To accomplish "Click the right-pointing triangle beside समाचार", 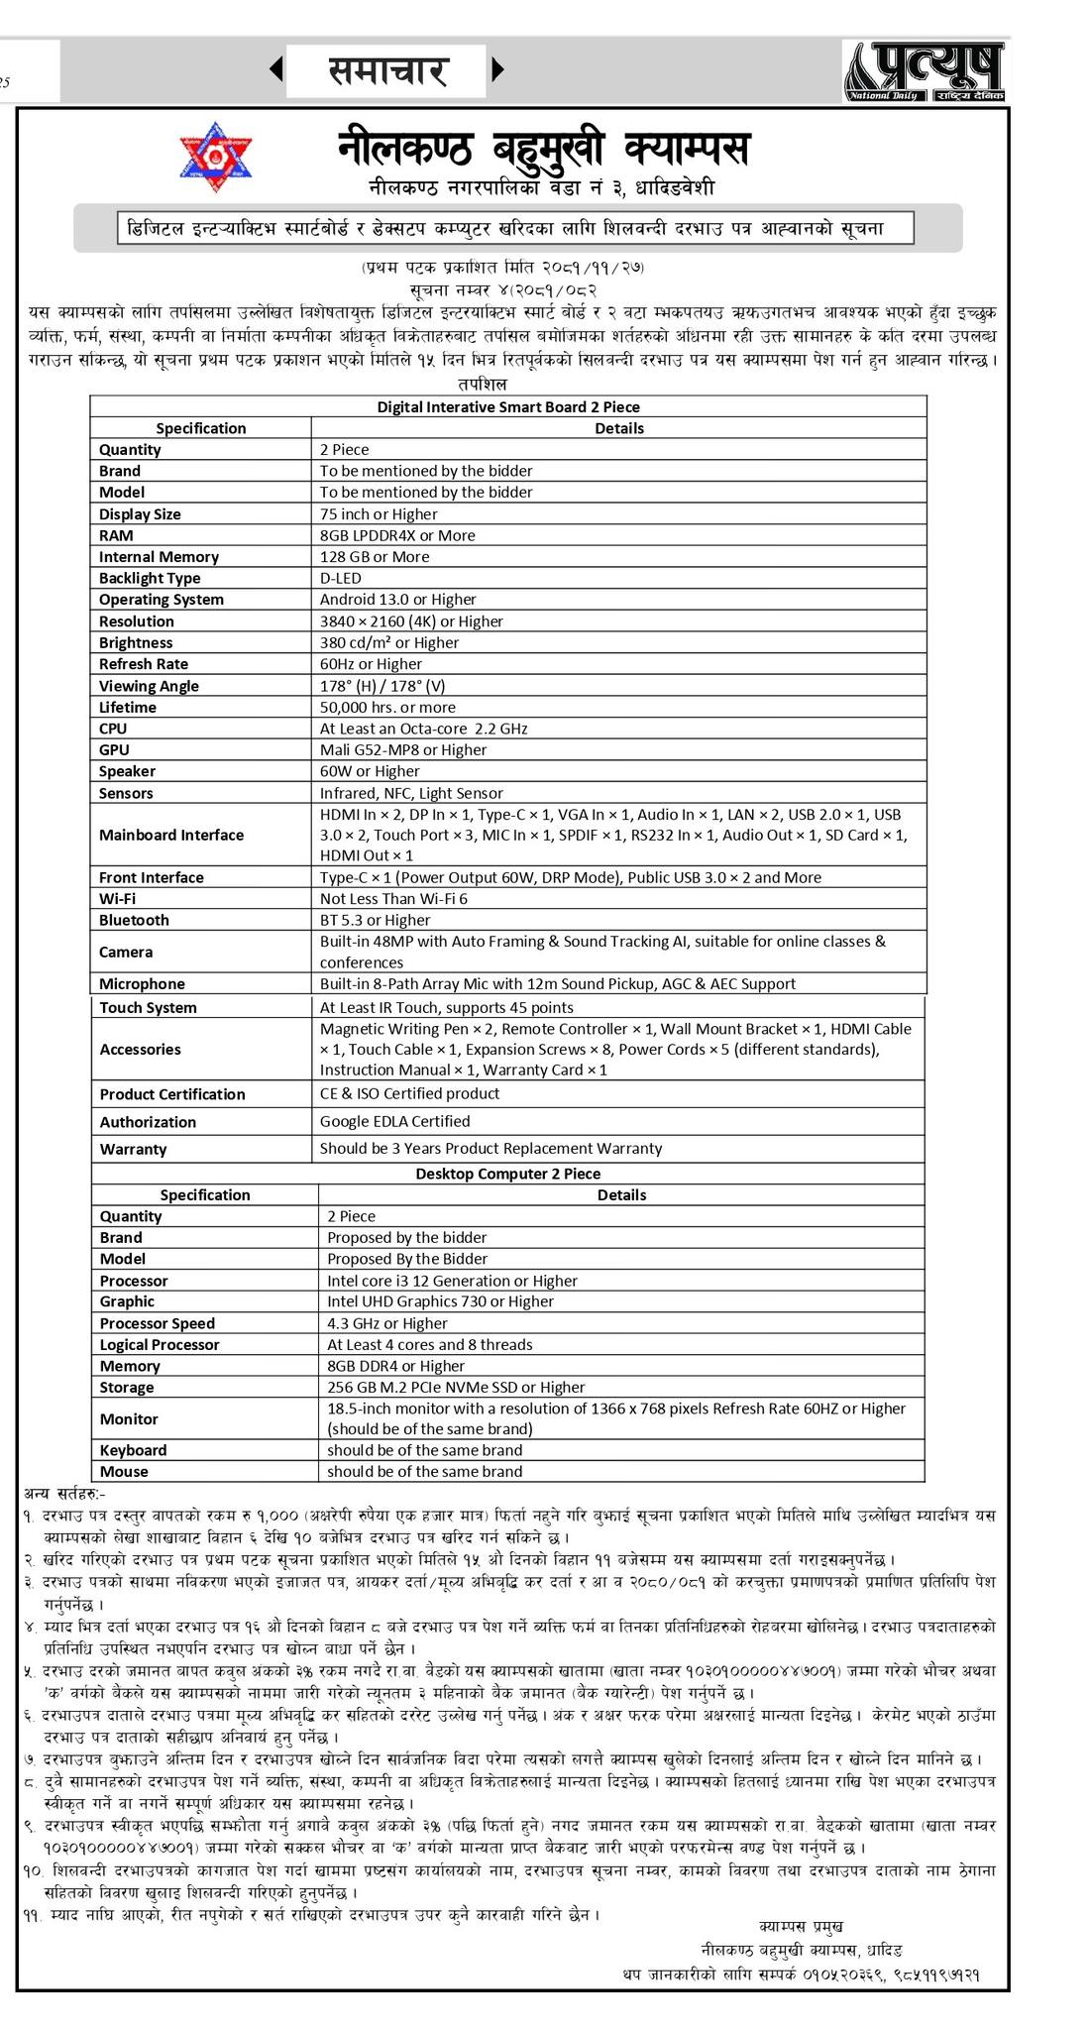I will click(x=498, y=70).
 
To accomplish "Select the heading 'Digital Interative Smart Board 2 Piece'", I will click(x=508, y=406).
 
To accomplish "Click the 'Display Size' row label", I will click(x=140, y=514).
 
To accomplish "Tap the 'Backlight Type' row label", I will click(x=150, y=579).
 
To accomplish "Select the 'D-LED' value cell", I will click(x=341, y=578).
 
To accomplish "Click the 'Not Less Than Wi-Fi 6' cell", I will click(x=393, y=899).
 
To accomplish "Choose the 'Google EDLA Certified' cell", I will click(x=394, y=1121).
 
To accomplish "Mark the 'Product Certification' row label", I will click(x=172, y=1094).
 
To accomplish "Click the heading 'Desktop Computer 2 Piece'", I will click(x=507, y=1174).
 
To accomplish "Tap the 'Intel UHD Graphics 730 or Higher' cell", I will click(x=440, y=1301).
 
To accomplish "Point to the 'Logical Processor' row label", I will click(x=160, y=1345).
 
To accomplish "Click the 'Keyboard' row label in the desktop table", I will click(x=133, y=1450).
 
